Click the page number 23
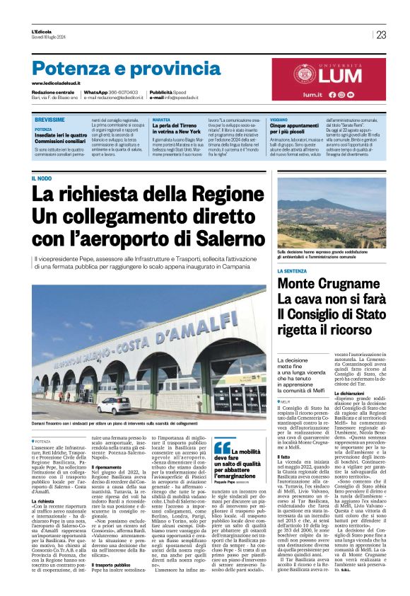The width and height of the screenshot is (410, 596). coord(382,35)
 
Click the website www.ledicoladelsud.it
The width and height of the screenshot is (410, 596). coord(59,84)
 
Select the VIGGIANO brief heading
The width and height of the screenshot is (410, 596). coord(279,121)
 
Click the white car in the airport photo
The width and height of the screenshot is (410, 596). coord(115,406)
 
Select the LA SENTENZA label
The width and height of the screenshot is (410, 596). coord(295,270)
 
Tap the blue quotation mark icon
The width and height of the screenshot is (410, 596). coord(223,447)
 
